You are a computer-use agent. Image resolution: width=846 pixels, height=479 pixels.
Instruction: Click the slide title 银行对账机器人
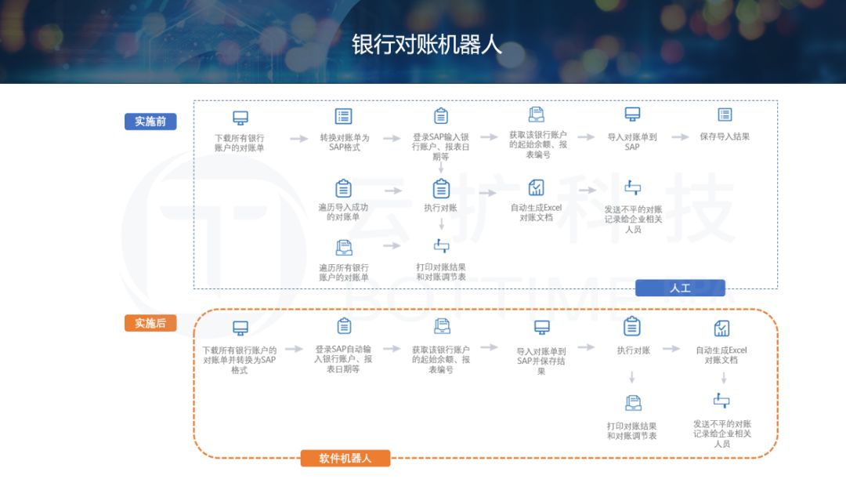[x=426, y=44]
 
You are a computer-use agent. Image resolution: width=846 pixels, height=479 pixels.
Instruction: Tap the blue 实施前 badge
[x=150, y=122]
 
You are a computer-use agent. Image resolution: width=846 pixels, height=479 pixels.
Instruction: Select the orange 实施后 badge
[x=150, y=323]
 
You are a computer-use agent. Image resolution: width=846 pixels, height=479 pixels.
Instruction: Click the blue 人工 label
[x=680, y=288]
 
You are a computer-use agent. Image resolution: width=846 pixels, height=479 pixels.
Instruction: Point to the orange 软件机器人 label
[x=345, y=458]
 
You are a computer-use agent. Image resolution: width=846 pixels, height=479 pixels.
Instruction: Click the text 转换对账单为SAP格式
[x=344, y=142]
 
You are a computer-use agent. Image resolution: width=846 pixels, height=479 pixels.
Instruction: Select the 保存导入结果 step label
[x=725, y=136]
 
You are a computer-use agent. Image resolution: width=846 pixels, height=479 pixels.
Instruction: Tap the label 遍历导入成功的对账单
[x=343, y=212]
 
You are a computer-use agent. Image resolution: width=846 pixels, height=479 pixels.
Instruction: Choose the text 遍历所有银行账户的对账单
[x=343, y=272]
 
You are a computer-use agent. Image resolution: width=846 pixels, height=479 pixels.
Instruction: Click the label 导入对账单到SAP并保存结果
[x=541, y=361]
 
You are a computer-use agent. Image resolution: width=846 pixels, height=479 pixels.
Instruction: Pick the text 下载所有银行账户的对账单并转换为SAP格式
[x=240, y=360]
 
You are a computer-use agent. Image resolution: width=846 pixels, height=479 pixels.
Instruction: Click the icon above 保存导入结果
[x=725, y=114]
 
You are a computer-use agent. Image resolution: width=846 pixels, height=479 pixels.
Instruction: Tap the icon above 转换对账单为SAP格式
[x=343, y=116]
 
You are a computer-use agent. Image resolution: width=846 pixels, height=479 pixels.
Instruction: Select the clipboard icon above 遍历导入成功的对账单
[x=343, y=188]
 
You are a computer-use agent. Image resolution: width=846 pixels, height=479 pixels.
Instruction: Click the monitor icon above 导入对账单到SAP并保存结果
[x=541, y=328]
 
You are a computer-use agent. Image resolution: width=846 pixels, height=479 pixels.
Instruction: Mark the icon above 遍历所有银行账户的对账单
[x=343, y=248]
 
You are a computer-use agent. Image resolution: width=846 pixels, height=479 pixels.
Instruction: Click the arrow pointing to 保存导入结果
[x=673, y=137]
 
